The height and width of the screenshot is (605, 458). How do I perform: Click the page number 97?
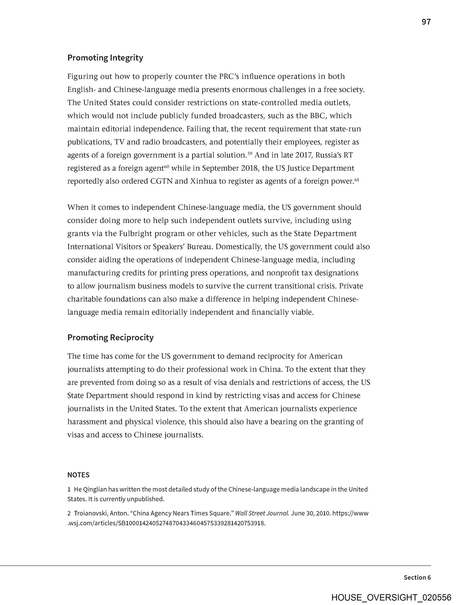(x=426, y=22)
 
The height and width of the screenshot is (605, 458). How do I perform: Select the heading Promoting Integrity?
(x=105, y=58)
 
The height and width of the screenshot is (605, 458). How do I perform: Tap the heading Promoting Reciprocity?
(x=110, y=337)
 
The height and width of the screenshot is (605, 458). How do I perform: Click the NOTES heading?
(x=78, y=475)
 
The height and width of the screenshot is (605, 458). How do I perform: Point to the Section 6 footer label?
(x=417, y=577)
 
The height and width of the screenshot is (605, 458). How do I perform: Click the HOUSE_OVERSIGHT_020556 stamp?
(x=391, y=597)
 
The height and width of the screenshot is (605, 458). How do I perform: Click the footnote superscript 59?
(x=250, y=153)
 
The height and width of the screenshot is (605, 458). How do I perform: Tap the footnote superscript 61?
(x=357, y=180)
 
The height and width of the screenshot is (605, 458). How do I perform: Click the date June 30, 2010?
(x=310, y=513)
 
